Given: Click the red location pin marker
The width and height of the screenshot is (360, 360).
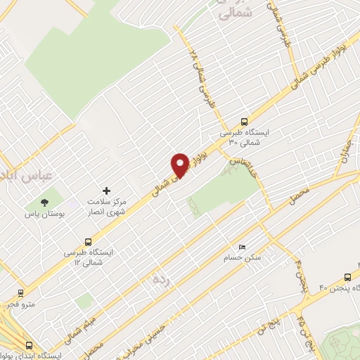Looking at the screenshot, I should [x=181, y=165].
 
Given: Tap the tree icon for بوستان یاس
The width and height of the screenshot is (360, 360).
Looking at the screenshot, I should [x=44, y=202].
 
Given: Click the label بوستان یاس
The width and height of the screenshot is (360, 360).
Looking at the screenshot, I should [x=44, y=214].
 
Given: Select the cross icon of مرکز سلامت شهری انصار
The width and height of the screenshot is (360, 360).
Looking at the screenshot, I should [x=106, y=191].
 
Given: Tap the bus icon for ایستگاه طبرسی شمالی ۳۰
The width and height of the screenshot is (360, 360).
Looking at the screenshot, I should [x=244, y=120].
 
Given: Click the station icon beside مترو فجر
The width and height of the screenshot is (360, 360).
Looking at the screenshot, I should [x=21, y=295].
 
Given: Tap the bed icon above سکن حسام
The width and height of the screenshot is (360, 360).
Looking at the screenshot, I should [x=243, y=248].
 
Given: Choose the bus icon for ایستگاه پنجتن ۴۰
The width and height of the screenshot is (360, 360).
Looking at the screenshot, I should [x=348, y=277].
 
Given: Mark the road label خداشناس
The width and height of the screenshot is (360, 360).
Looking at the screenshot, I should [x=243, y=161].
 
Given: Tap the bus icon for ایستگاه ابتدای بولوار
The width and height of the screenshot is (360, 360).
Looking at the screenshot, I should [x=29, y=346].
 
